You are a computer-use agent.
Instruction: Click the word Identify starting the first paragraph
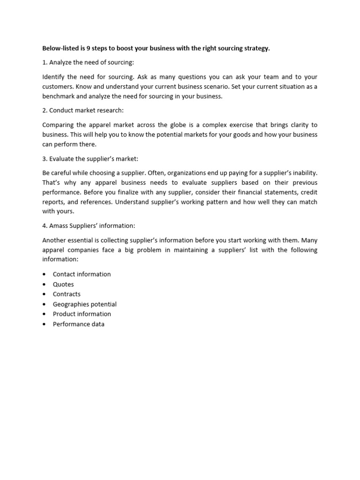point(53,77)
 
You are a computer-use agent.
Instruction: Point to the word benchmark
point(60,97)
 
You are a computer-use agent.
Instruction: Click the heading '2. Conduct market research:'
point(83,111)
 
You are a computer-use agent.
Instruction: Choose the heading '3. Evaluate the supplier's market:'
point(90,159)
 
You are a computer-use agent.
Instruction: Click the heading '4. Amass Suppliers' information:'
point(89,225)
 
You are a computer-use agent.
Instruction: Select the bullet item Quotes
point(63,284)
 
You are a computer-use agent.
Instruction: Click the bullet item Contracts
point(67,294)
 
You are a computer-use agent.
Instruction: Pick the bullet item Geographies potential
point(84,304)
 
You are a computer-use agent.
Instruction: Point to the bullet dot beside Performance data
point(44,324)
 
